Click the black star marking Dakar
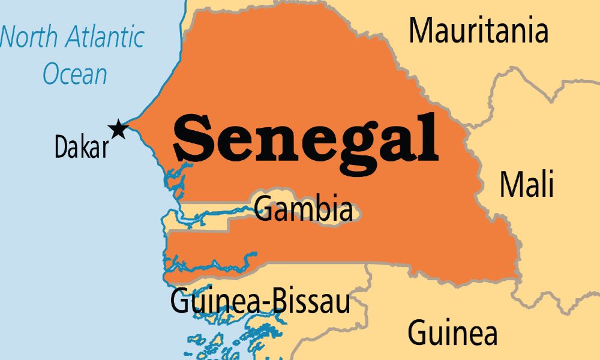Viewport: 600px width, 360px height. coord(118,128)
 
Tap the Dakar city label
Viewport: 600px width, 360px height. coord(82,147)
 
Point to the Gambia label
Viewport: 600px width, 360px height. coord(303,209)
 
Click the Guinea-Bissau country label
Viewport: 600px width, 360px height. coord(260,301)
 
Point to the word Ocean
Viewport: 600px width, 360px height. coord(74,74)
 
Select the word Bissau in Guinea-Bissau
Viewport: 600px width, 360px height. coord(312,301)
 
